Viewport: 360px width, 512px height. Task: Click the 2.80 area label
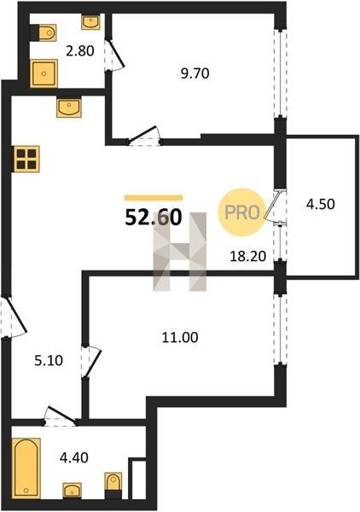pyautogui.click(x=80, y=51)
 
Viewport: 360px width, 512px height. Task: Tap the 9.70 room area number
pyautogui.click(x=195, y=73)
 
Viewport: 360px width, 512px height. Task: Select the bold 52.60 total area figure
pyautogui.click(x=153, y=218)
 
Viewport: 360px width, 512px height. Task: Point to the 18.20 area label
pyautogui.click(x=248, y=256)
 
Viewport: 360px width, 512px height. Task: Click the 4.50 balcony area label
pyautogui.click(x=321, y=204)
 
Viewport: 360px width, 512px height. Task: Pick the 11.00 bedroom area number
pyautogui.click(x=180, y=337)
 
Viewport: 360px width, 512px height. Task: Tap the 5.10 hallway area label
pyautogui.click(x=49, y=361)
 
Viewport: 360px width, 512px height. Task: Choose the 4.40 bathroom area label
pyautogui.click(x=74, y=457)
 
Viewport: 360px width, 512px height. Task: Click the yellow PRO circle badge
pyautogui.click(x=242, y=212)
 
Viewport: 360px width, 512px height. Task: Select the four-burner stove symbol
pyautogui.click(x=26, y=159)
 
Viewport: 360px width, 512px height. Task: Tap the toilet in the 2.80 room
pyautogui.click(x=44, y=32)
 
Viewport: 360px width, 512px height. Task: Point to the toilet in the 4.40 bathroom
pyautogui.click(x=113, y=486)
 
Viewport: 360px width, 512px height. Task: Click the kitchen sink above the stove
pyautogui.click(x=68, y=108)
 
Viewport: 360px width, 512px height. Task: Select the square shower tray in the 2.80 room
pyautogui.click(x=44, y=73)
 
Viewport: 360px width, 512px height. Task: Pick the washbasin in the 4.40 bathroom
pyautogui.click(x=73, y=491)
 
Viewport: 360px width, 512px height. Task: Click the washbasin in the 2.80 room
pyautogui.click(x=90, y=22)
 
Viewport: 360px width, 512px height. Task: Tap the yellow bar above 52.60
pyautogui.click(x=154, y=198)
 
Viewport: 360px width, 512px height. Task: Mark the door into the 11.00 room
pyautogui.click(x=91, y=362)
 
